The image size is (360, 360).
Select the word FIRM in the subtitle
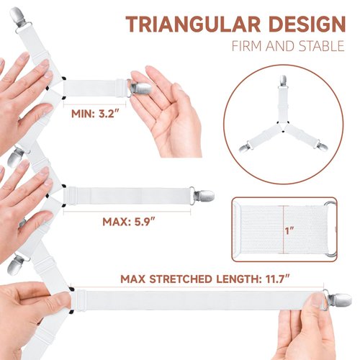tap(248, 48)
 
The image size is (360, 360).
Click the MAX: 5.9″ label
tap(126, 222)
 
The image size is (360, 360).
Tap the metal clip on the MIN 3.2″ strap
tap(140, 88)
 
